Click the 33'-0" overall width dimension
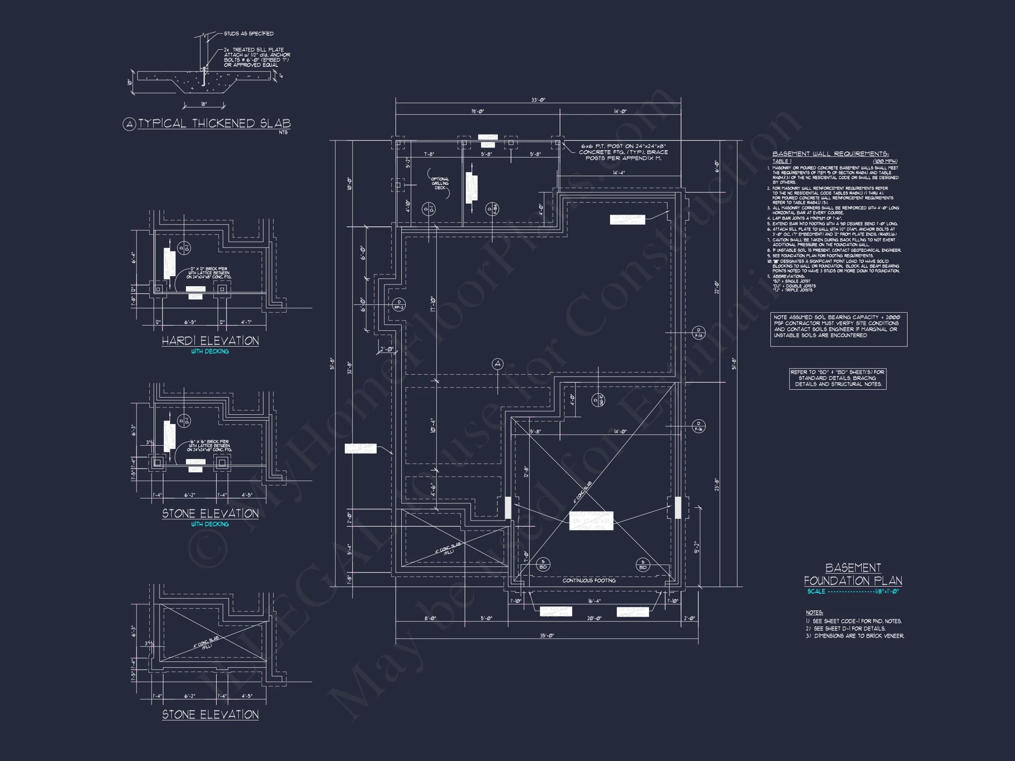pyautogui.click(x=538, y=100)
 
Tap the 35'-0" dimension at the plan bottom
pyautogui.click(x=547, y=636)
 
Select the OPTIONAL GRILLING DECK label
pyautogui.click(x=440, y=184)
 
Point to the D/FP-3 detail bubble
pyautogui.click(x=399, y=305)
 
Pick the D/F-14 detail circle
pyautogui.click(x=698, y=332)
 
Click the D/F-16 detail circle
pyautogui.click(x=698, y=426)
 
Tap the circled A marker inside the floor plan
pyautogui.click(x=497, y=364)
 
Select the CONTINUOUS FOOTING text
pyautogui.click(x=589, y=581)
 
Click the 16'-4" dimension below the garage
pyautogui.click(x=594, y=601)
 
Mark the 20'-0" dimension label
pyautogui.click(x=594, y=618)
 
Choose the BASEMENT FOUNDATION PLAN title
pyautogui.click(x=852, y=574)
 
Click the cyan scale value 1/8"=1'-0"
pyautogui.click(x=886, y=592)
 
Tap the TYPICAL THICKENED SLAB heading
pyautogui.click(x=214, y=123)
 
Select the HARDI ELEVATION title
pyautogui.click(x=210, y=341)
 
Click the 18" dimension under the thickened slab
pyautogui.click(x=204, y=104)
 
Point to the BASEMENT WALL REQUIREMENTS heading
pyautogui.click(x=830, y=154)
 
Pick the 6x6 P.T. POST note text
pyautogui.click(x=622, y=152)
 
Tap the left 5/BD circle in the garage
pyautogui.click(x=543, y=565)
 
